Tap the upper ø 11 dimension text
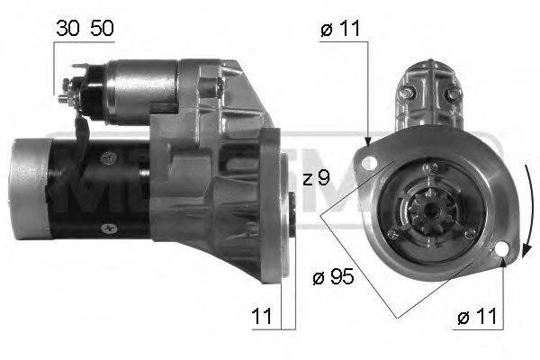(341, 29)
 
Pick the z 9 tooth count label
(315, 178)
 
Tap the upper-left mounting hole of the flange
(369, 159)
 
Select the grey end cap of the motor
(27, 189)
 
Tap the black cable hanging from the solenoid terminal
(82, 135)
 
